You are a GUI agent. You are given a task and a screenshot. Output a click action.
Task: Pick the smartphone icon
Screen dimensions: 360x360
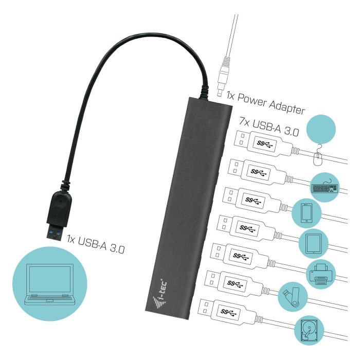tap(307, 213)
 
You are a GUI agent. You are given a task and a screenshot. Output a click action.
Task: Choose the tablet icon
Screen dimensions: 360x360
tap(314, 244)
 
